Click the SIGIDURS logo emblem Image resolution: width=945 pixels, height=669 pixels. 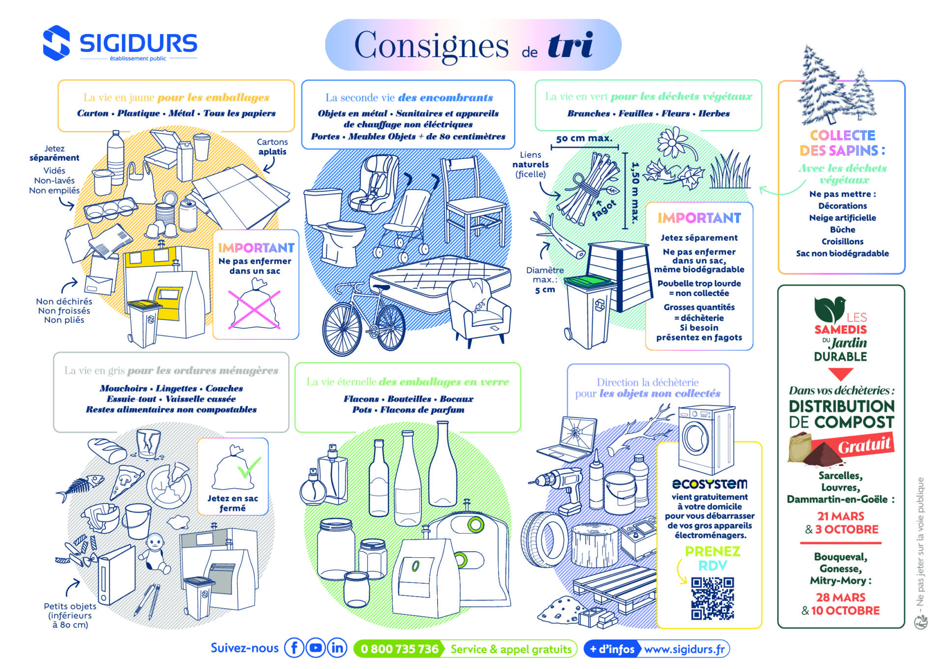pos(56,43)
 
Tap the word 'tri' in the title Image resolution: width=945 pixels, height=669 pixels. pos(570,46)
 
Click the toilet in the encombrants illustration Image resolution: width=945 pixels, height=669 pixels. pos(331,227)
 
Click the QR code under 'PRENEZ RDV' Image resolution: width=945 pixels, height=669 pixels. pos(712,598)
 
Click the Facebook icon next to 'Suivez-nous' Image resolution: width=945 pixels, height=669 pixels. pos(294,648)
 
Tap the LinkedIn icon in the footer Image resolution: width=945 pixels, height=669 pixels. pos(337,648)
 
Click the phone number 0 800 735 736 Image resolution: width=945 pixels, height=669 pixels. pos(399,649)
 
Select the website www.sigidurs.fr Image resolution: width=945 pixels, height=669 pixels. pos(684,649)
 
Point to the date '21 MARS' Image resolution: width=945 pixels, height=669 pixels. pos(840,516)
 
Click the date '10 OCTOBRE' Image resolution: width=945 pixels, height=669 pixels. pos(845,610)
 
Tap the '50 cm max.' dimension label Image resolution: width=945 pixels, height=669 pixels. pos(584,138)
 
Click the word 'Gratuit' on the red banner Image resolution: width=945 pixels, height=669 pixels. pos(864,445)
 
